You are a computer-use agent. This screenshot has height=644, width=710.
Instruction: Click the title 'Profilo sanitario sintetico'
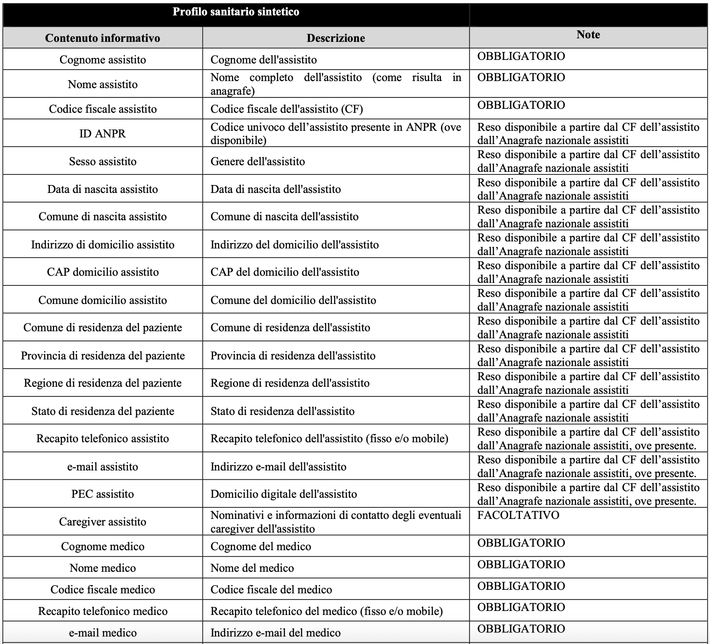pos(235,12)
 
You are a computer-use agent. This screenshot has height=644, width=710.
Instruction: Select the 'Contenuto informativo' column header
pos(102,38)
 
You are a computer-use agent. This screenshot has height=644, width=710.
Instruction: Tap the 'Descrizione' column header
pos(336,38)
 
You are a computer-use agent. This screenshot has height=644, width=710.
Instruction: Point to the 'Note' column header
pos(588,35)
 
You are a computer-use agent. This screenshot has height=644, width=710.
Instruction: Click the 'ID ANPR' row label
pos(102,133)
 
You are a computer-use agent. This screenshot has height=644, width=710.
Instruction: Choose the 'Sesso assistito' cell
pos(102,161)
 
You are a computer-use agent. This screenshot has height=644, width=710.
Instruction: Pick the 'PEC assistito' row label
pos(102,494)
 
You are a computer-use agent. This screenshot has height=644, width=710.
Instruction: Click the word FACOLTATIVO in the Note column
pos(518,515)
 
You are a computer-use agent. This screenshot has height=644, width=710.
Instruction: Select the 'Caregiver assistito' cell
pos(102,522)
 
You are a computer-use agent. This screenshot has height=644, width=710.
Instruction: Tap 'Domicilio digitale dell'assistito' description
pos(284,494)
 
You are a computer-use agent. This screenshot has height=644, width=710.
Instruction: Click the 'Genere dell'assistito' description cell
pos(258,161)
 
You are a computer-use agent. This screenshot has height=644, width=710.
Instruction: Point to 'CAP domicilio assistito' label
pos(102,272)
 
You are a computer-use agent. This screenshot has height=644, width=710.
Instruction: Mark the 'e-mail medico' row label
pos(102,633)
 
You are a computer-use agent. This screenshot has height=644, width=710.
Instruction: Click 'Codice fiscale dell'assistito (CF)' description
pos(287,109)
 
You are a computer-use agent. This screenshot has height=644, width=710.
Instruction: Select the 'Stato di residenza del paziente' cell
pos(102,411)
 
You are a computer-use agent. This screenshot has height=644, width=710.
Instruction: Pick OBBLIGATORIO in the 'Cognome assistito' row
pos(521,56)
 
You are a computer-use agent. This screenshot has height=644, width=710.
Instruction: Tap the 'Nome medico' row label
pos(102,568)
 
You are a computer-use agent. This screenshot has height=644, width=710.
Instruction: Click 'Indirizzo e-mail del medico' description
pos(275,633)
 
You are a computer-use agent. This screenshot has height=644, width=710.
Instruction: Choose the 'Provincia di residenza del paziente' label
pos(102,355)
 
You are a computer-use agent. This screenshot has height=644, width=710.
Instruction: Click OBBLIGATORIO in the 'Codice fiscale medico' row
pos(521,586)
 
